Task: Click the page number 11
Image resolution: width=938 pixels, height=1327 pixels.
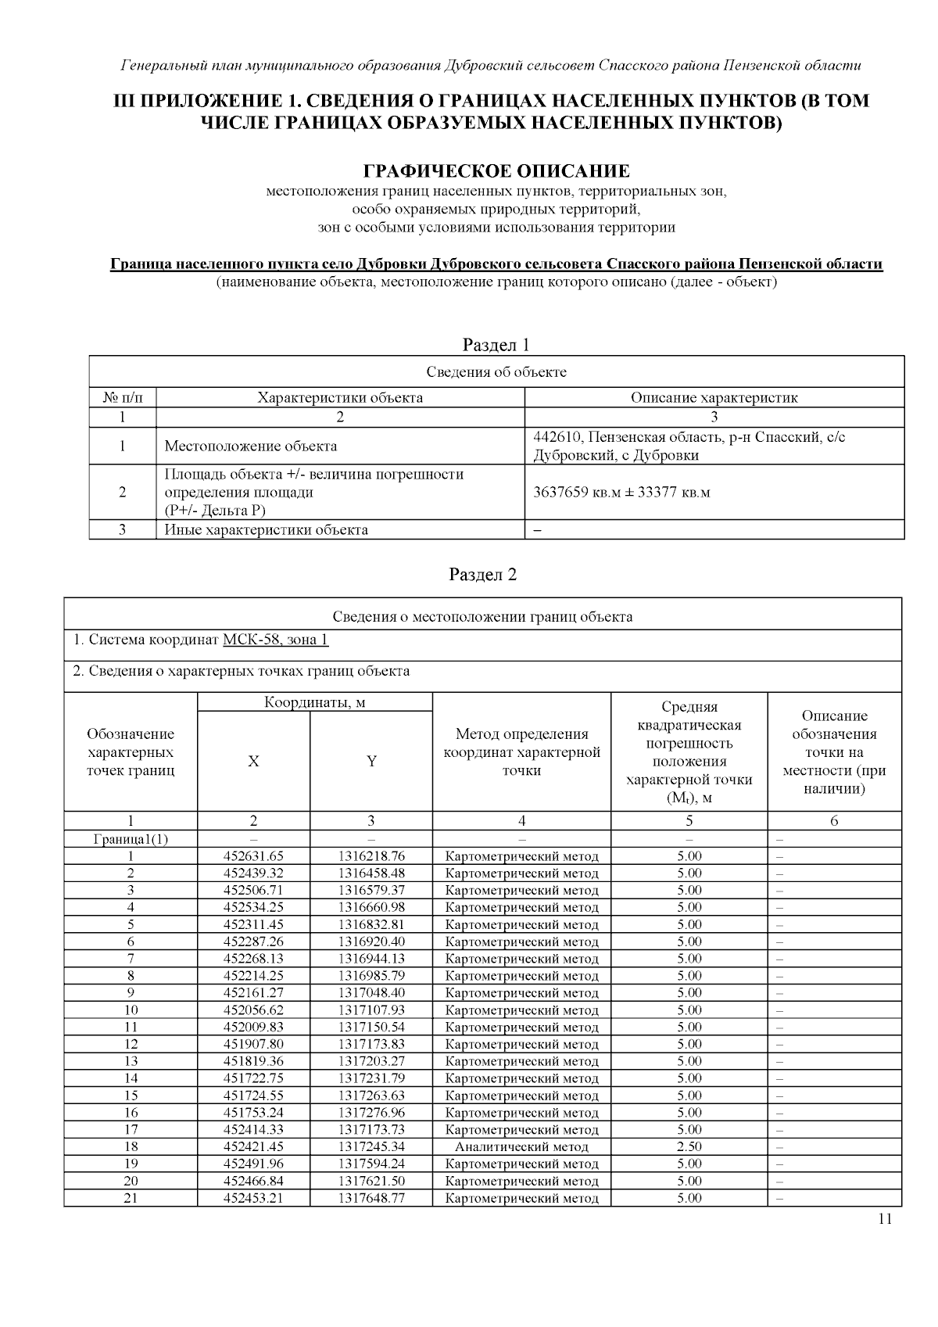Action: pos(885,1218)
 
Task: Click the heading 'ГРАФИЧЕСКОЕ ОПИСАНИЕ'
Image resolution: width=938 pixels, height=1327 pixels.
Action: pos(496,170)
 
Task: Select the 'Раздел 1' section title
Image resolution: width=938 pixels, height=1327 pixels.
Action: pos(496,344)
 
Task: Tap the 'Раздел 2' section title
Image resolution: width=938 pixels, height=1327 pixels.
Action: pos(482,575)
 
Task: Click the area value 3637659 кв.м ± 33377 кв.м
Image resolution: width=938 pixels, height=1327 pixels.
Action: pos(621,493)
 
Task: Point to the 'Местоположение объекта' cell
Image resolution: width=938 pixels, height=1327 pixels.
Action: pos(251,447)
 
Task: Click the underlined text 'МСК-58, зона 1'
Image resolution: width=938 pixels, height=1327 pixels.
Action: pos(275,640)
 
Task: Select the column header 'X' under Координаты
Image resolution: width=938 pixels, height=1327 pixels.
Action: pos(253,761)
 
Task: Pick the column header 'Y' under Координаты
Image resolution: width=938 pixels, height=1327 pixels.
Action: pos(371,761)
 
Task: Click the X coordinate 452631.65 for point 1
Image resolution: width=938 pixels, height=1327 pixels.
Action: pos(253,856)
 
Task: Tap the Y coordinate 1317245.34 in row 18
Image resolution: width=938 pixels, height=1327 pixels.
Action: pos(371,1146)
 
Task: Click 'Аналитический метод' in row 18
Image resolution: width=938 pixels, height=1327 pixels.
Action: pos(521,1146)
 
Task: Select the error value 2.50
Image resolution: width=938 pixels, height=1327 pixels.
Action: pos(689,1146)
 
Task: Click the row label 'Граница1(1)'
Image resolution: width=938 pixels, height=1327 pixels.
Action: pos(131,839)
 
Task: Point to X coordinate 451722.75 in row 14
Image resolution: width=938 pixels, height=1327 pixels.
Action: pos(253,1078)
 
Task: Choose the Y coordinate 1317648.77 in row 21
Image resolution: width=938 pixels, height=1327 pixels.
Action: pos(371,1198)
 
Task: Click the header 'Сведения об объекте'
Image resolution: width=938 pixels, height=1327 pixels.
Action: pos(496,372)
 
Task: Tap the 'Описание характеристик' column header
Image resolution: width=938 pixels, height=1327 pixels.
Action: pos(714,397)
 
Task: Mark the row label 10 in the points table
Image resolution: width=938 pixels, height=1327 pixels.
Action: pos(131,1010)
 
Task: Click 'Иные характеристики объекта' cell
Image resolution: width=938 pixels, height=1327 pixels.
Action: pos(266,530)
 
